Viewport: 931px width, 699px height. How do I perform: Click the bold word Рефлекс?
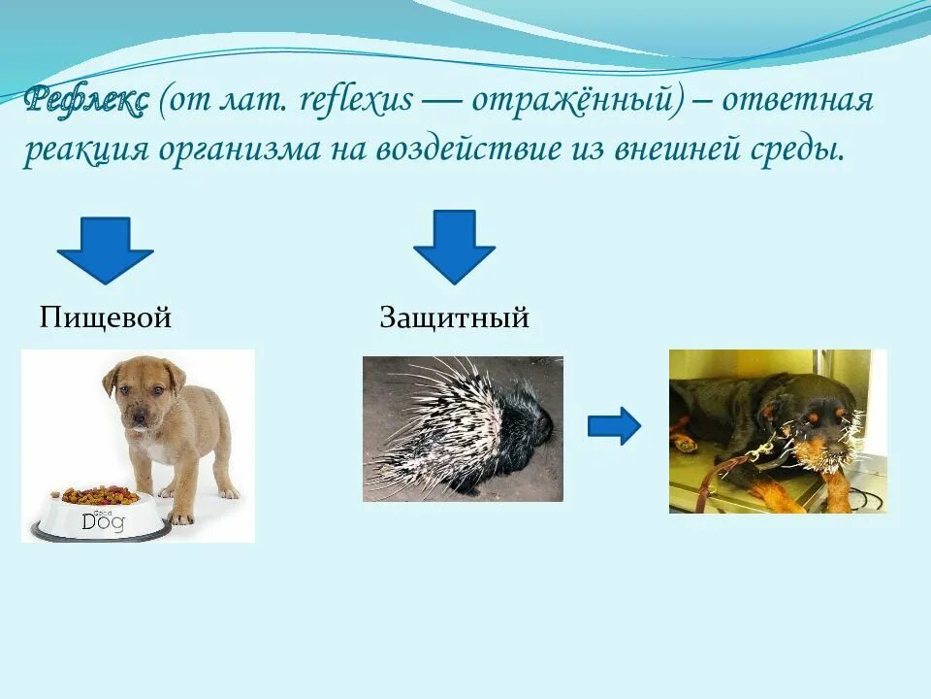86,99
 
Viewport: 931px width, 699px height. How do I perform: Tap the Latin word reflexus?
358,99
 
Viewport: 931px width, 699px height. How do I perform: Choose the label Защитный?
454,317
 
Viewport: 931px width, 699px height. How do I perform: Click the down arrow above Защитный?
454,247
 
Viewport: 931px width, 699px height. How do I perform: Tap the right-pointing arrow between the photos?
614,425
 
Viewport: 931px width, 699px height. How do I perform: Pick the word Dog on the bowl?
102,520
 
